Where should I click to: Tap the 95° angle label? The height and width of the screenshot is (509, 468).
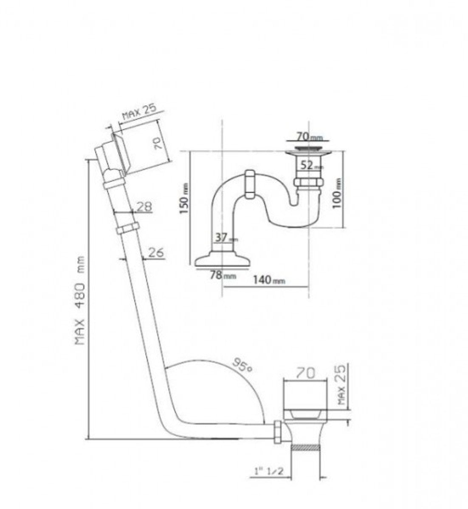[x=243, y=364]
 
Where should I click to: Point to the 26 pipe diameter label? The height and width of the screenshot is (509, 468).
[x=155, y=252]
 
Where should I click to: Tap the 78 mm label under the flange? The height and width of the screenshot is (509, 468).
[x=223, y=275]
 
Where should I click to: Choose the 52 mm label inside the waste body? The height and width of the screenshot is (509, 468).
[x=310, y=166]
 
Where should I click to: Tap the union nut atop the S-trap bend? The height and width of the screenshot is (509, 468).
[x=249, y=184]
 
